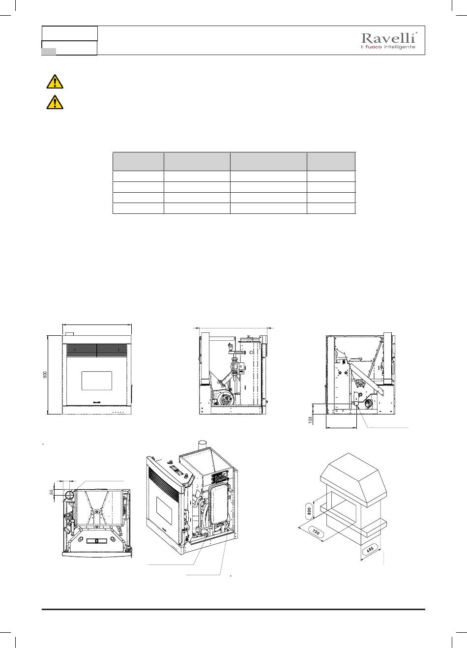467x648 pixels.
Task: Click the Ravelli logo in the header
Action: click(389, 41)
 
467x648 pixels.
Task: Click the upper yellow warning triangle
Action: click(55, 82)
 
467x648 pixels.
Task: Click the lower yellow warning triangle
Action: click(55, 102)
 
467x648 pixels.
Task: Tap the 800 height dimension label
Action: click(45, 375)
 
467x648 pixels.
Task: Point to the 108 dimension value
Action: click(311, 420)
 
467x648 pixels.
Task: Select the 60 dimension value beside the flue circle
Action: click(52, 492)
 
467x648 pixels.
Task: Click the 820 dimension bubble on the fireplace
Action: click(309, 511)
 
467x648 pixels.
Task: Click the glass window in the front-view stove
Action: click(96, 381)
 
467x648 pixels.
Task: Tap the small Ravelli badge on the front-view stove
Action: click(96, 402)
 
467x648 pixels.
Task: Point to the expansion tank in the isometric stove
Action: click(219, 504)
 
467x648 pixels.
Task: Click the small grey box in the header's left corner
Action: click(49, 52)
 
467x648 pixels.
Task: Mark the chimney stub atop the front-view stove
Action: click(70, 334)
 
